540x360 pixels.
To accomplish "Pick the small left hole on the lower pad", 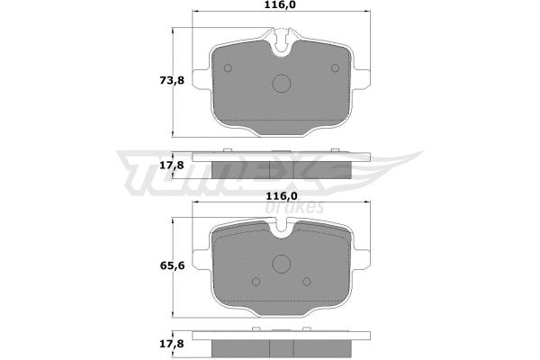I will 255,279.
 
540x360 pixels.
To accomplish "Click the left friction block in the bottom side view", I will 240,349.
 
